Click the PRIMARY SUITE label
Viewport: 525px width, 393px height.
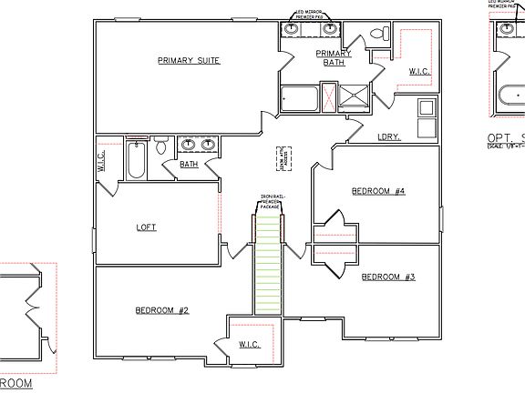[189, 60]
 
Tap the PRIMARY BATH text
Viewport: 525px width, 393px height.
[334, 59]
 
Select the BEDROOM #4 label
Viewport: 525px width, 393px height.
[378, 191]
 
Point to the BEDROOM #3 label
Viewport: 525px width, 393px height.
[388, 276]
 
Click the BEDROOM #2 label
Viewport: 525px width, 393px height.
[161, 310]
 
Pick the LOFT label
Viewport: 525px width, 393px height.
[146, 227]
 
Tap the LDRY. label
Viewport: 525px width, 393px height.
[390, 137]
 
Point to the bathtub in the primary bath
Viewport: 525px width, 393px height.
[300, 96]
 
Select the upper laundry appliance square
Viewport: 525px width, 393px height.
[426, 108]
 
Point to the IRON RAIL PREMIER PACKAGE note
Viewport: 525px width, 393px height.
[269, 200]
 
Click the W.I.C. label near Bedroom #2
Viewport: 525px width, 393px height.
[249, 345]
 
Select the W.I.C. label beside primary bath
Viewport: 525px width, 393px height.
[419, 70]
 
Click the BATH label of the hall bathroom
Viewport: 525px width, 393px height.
[189, 165]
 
